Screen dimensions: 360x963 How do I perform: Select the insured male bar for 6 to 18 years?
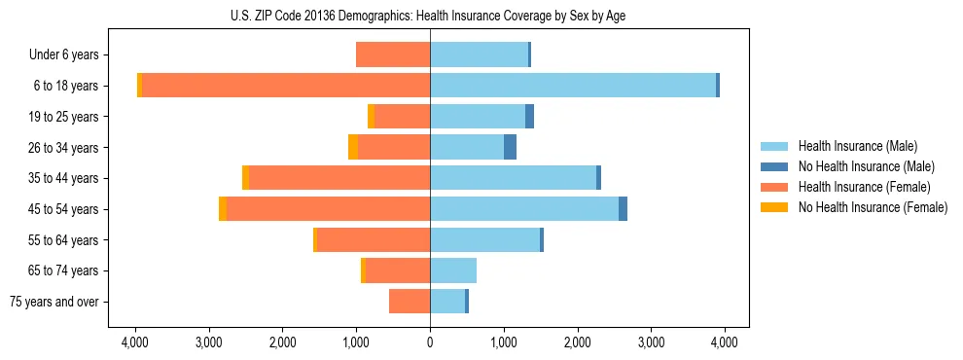573,86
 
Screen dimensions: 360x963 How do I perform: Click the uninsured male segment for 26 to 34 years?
510,147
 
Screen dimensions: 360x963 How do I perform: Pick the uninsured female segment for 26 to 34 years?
353,147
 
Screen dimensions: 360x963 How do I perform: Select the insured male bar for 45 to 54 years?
524,209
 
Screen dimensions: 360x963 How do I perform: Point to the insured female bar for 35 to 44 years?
339,178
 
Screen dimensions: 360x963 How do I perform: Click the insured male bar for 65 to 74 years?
453,270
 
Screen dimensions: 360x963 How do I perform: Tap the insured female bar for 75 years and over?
410,302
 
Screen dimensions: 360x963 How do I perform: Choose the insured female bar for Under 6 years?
393,54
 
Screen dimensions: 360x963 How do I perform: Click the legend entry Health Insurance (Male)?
857,146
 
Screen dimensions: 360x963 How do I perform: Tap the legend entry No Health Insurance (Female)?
873,207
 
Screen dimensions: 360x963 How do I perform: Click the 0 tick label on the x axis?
430,342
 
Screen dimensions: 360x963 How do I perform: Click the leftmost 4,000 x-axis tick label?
135,342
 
